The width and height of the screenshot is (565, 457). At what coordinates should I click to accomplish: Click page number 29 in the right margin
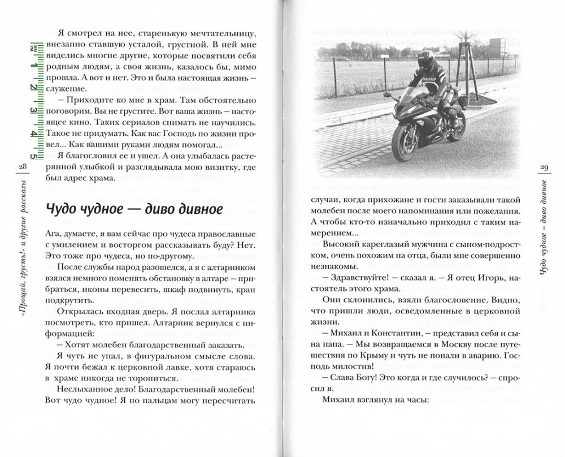pyautogui.click(x=544, y=167)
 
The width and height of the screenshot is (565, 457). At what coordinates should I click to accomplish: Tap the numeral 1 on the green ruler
pyautogui.click(x=35, y=67)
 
